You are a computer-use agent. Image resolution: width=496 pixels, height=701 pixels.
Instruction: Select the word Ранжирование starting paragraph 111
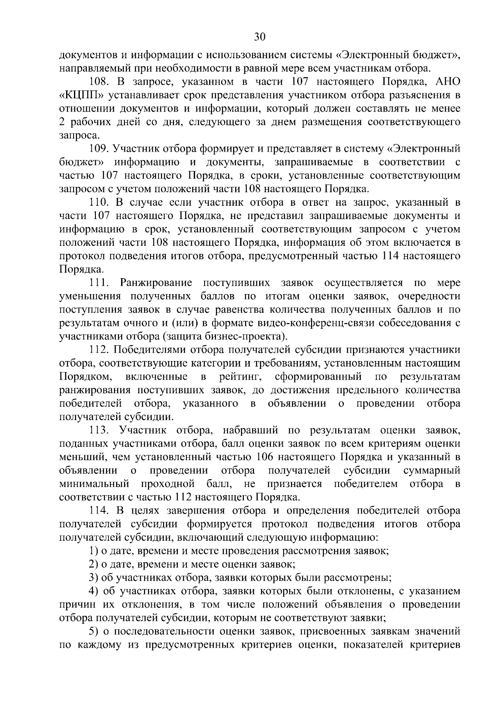click(x=156, y=283)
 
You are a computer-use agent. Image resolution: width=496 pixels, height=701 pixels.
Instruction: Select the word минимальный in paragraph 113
click(x=94, y=484)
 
